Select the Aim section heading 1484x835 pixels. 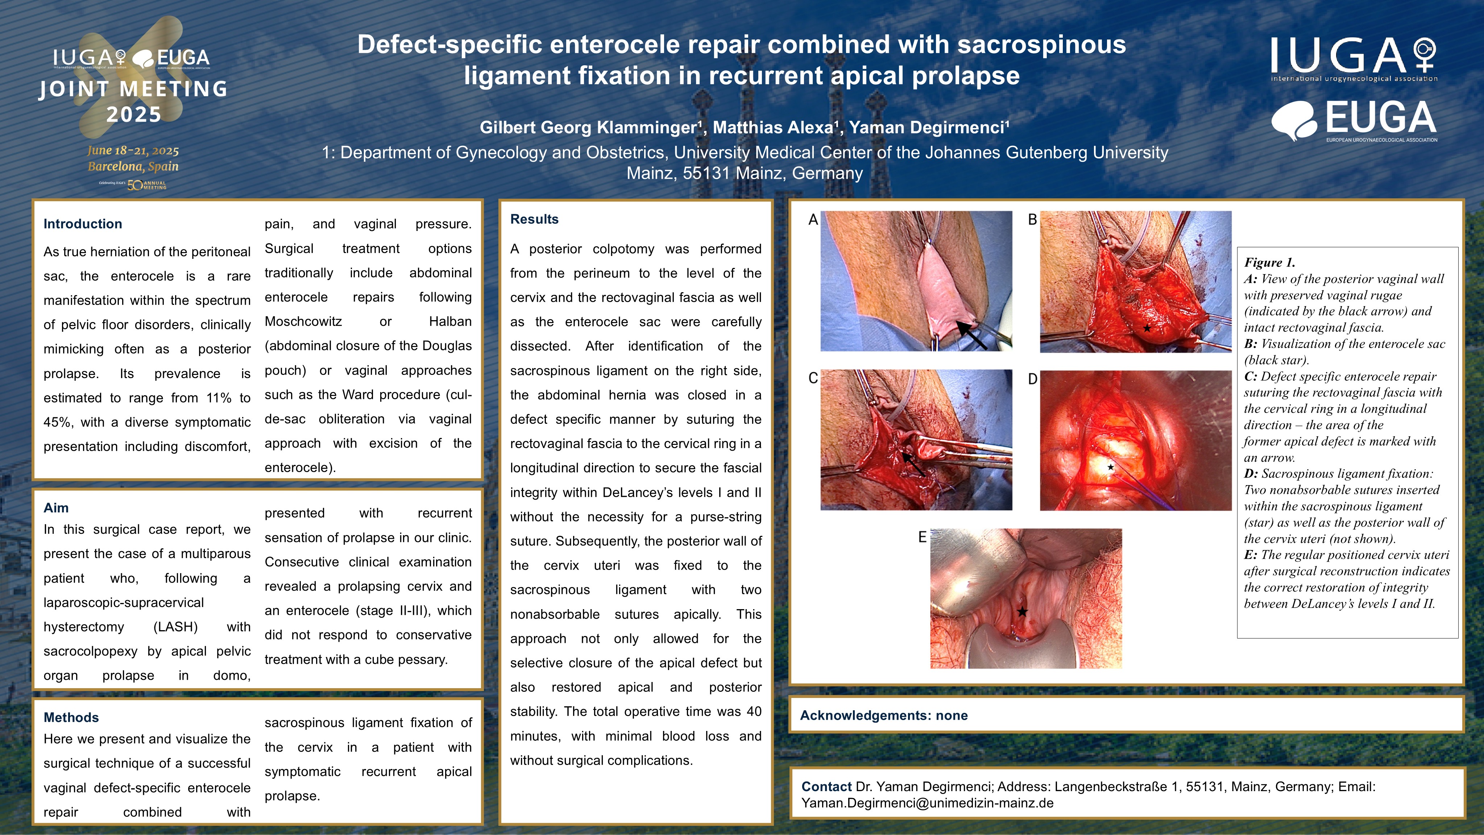[x=56, y=508]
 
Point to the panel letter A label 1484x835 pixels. [x=813, y=220]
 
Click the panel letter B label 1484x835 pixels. [x=1032, y=220]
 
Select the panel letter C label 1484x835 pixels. [x=813, y=378]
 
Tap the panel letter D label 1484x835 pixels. [x=1032, y=379]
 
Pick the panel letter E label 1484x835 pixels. [x=922, y=537]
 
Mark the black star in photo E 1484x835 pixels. [x=1022, y=611]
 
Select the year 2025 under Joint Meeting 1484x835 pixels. [x=134, y=114]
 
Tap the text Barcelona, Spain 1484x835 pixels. [x=133, y=166]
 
